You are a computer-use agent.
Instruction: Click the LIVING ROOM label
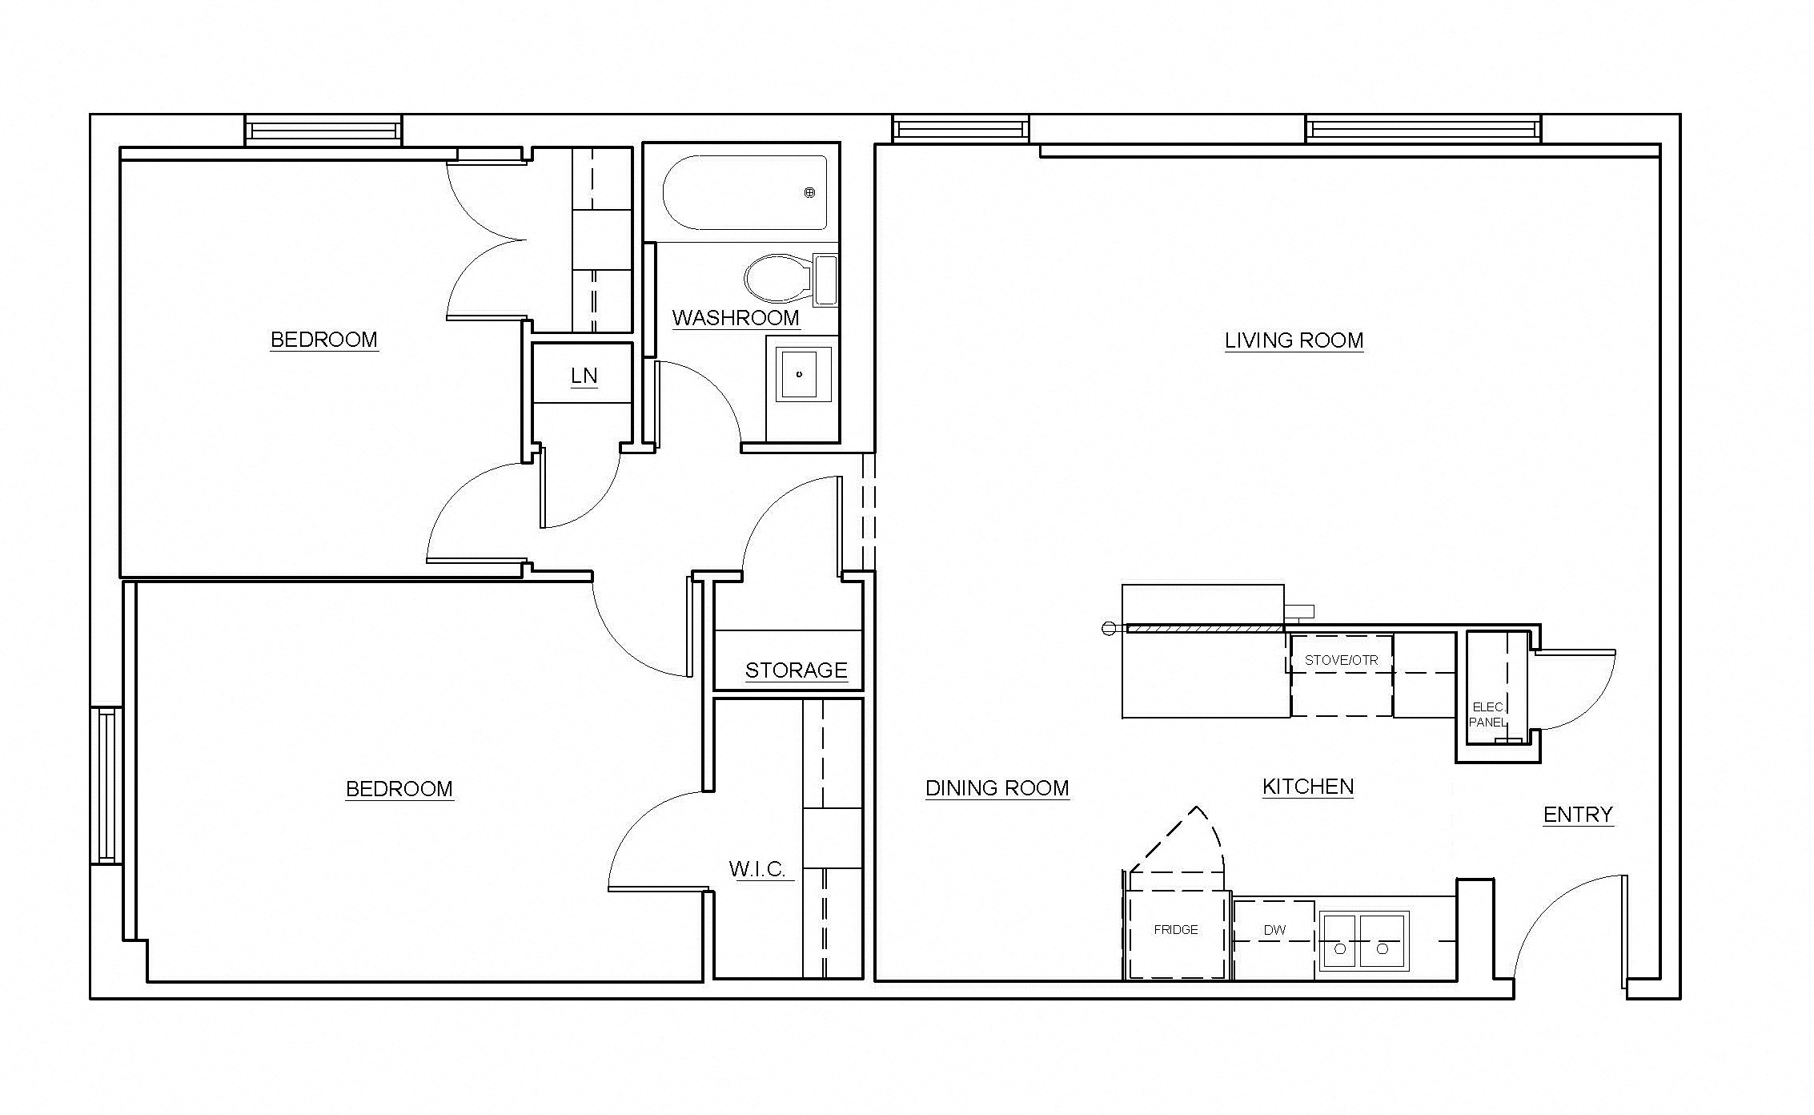[x=1294, y=340]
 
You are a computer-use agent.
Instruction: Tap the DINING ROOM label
[x=997, y=788]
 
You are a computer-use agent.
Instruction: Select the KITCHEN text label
[x=1308, y=787]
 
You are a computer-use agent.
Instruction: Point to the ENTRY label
[x=1578, y=815]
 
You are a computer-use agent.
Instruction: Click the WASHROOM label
[x=736, y=318]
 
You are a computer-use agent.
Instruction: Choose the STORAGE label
[x=796, y=670]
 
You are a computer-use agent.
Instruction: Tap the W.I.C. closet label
[x=757, y=869]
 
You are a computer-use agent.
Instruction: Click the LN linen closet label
[x=584, y=376]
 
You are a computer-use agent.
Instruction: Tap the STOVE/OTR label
[x=1341, y=661]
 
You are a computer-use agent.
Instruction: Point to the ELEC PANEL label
[x=1488, y=714]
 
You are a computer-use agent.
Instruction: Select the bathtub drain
[x=809, y=192]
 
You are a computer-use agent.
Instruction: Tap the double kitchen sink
[x=1363, y=941]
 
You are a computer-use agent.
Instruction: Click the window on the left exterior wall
[x=106, y=785]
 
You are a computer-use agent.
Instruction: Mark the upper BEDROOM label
[x=324, y=340]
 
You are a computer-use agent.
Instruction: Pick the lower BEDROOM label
[x=399, y=789]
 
